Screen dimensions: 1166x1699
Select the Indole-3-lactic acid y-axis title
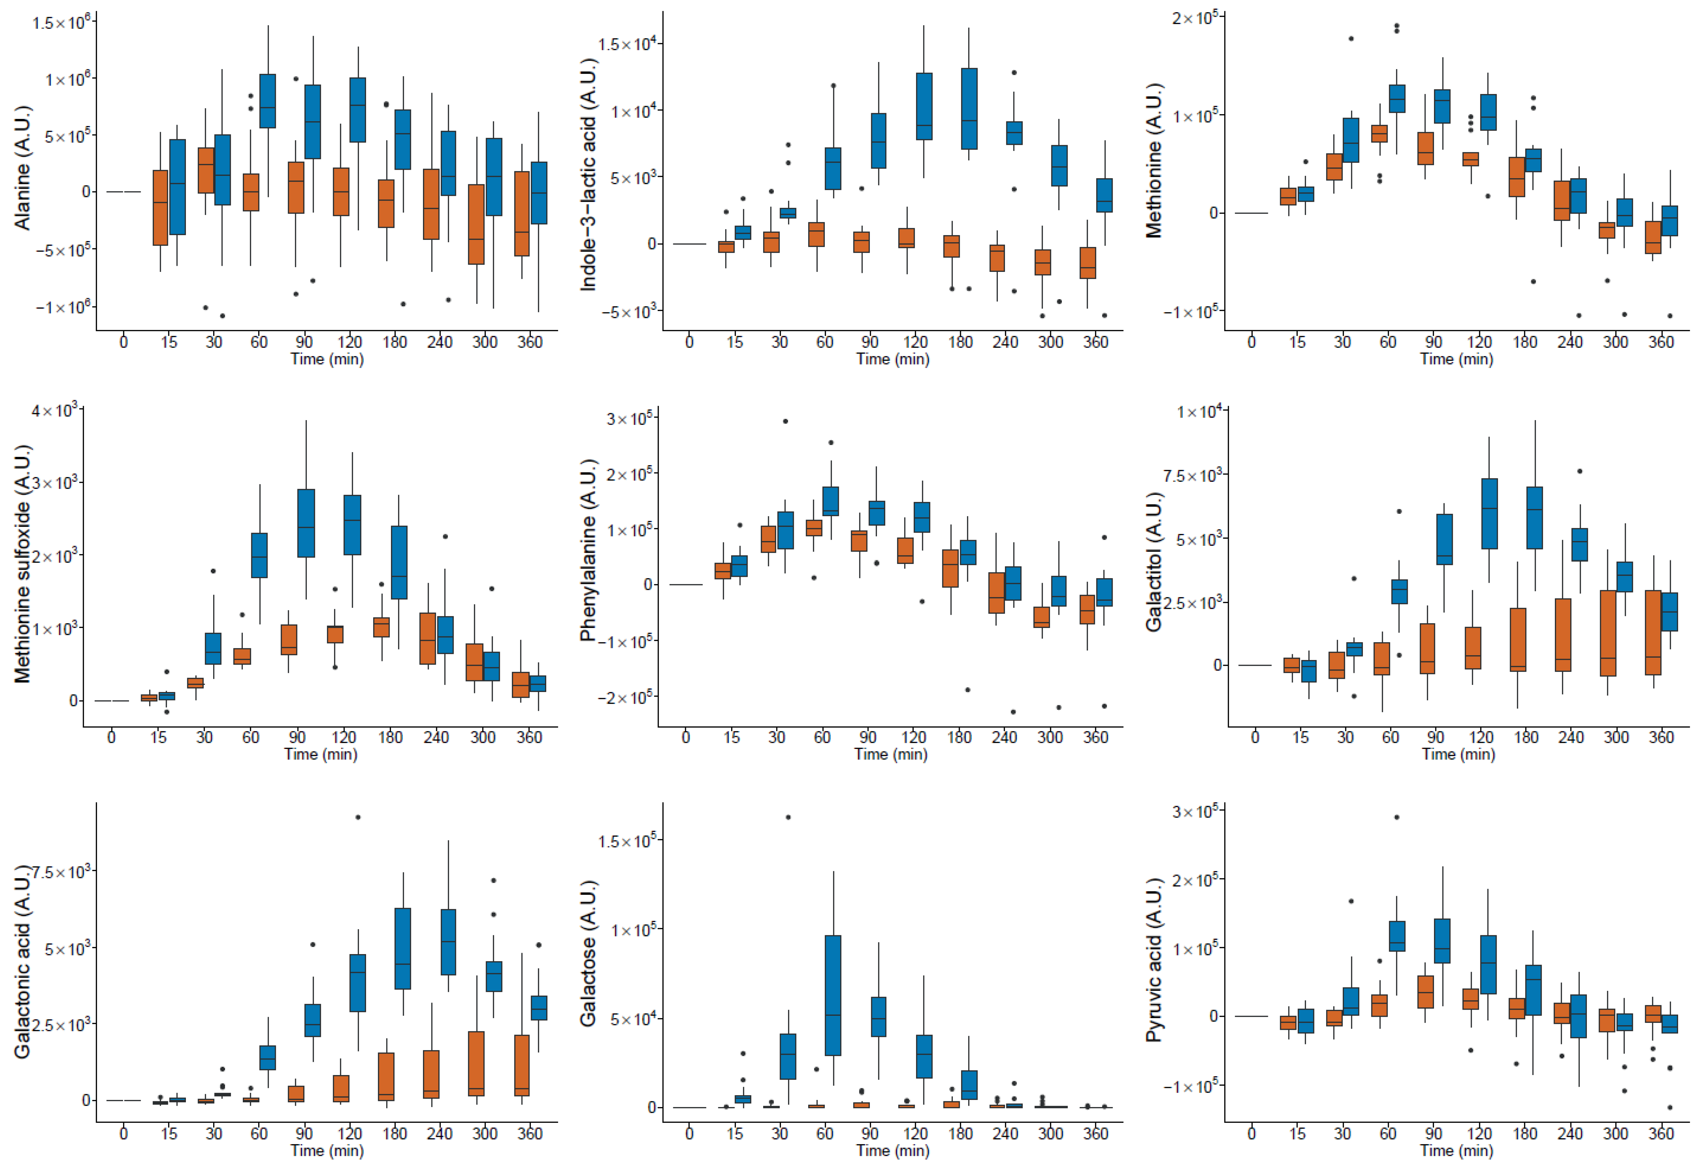coord(589,174)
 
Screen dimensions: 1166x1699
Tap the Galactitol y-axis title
coord(1154,562)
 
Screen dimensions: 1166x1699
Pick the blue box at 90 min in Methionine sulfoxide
coord(306,523)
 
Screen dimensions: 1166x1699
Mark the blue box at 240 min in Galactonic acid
coord(448,941)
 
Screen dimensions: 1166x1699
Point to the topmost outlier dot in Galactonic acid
coord(358,817)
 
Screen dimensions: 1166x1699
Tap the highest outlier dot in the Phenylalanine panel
coord(785,421)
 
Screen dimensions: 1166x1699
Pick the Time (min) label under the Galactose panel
coord(893,1151)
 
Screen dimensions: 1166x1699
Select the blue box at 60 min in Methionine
coord(1397,99)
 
